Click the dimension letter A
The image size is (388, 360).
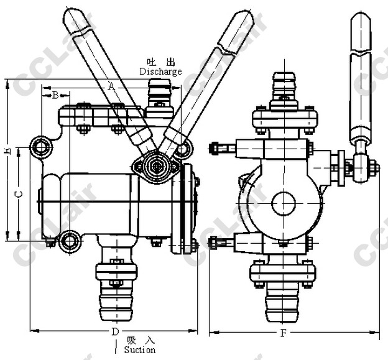point(111,86)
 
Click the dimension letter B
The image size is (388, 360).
point(55,95)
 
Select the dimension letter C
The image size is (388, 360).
point(19,194)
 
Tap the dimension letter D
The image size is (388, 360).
point(115,331)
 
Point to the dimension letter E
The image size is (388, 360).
point(8,151)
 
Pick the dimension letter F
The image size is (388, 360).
point(284,333)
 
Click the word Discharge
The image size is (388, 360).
point(160,72)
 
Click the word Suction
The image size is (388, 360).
point(140,350)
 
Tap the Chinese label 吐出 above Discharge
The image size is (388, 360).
point(161,62)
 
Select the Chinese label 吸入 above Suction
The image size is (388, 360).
point(141,341)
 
